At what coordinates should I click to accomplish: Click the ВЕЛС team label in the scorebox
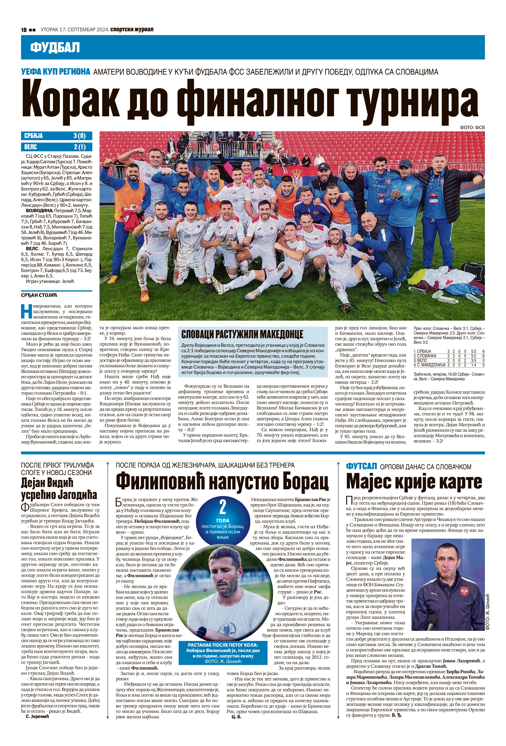tap(31, 147)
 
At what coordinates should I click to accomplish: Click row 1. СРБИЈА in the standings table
tap(424, 351)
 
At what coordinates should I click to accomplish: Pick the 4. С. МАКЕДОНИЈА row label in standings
tap(430, 365)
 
